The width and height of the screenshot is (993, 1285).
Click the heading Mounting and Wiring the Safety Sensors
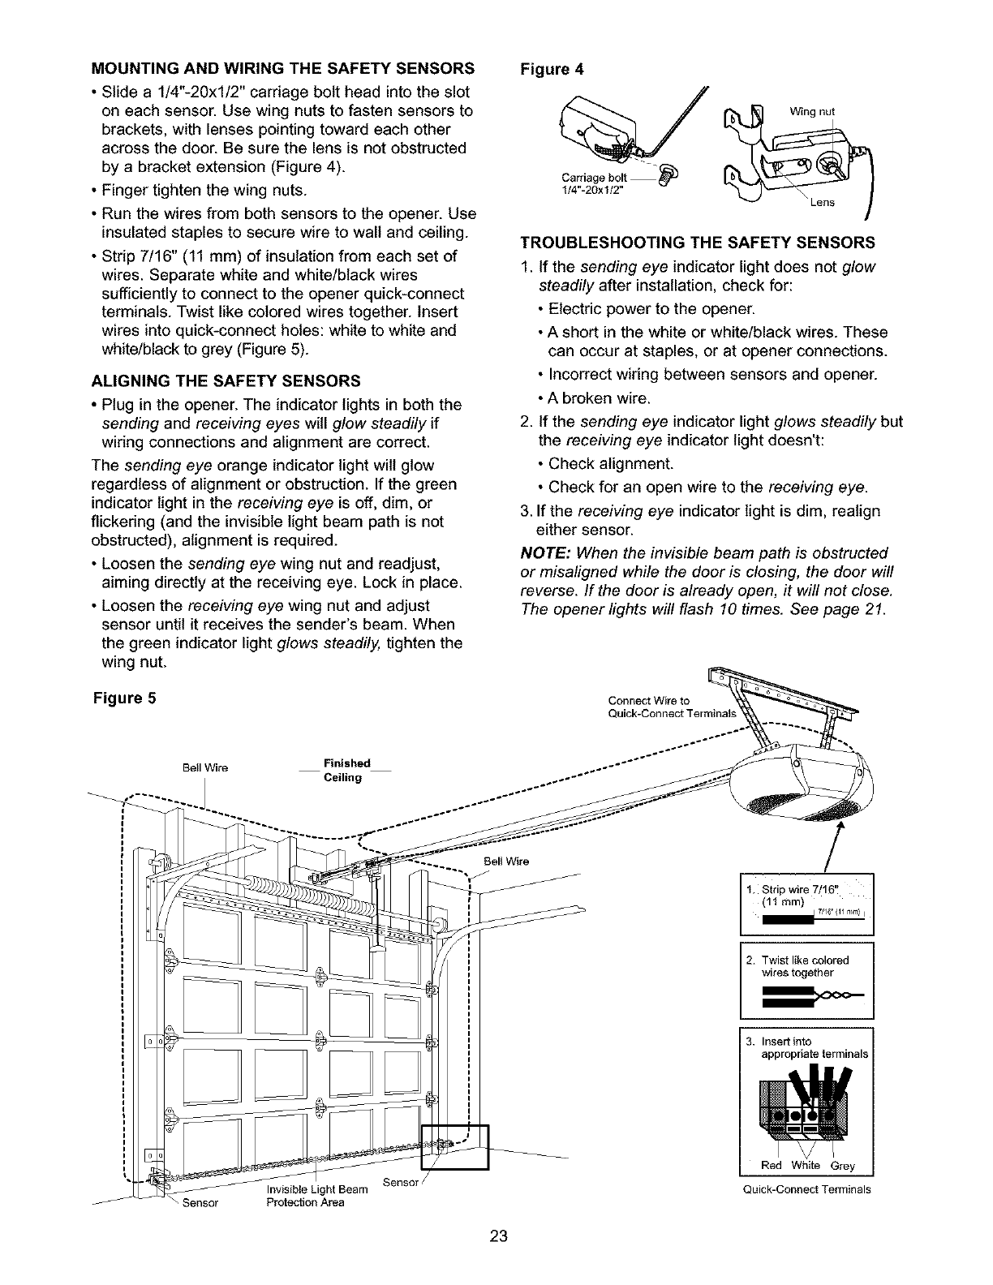pos(283,67)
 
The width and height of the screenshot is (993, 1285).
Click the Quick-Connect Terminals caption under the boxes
pos(807,1189)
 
